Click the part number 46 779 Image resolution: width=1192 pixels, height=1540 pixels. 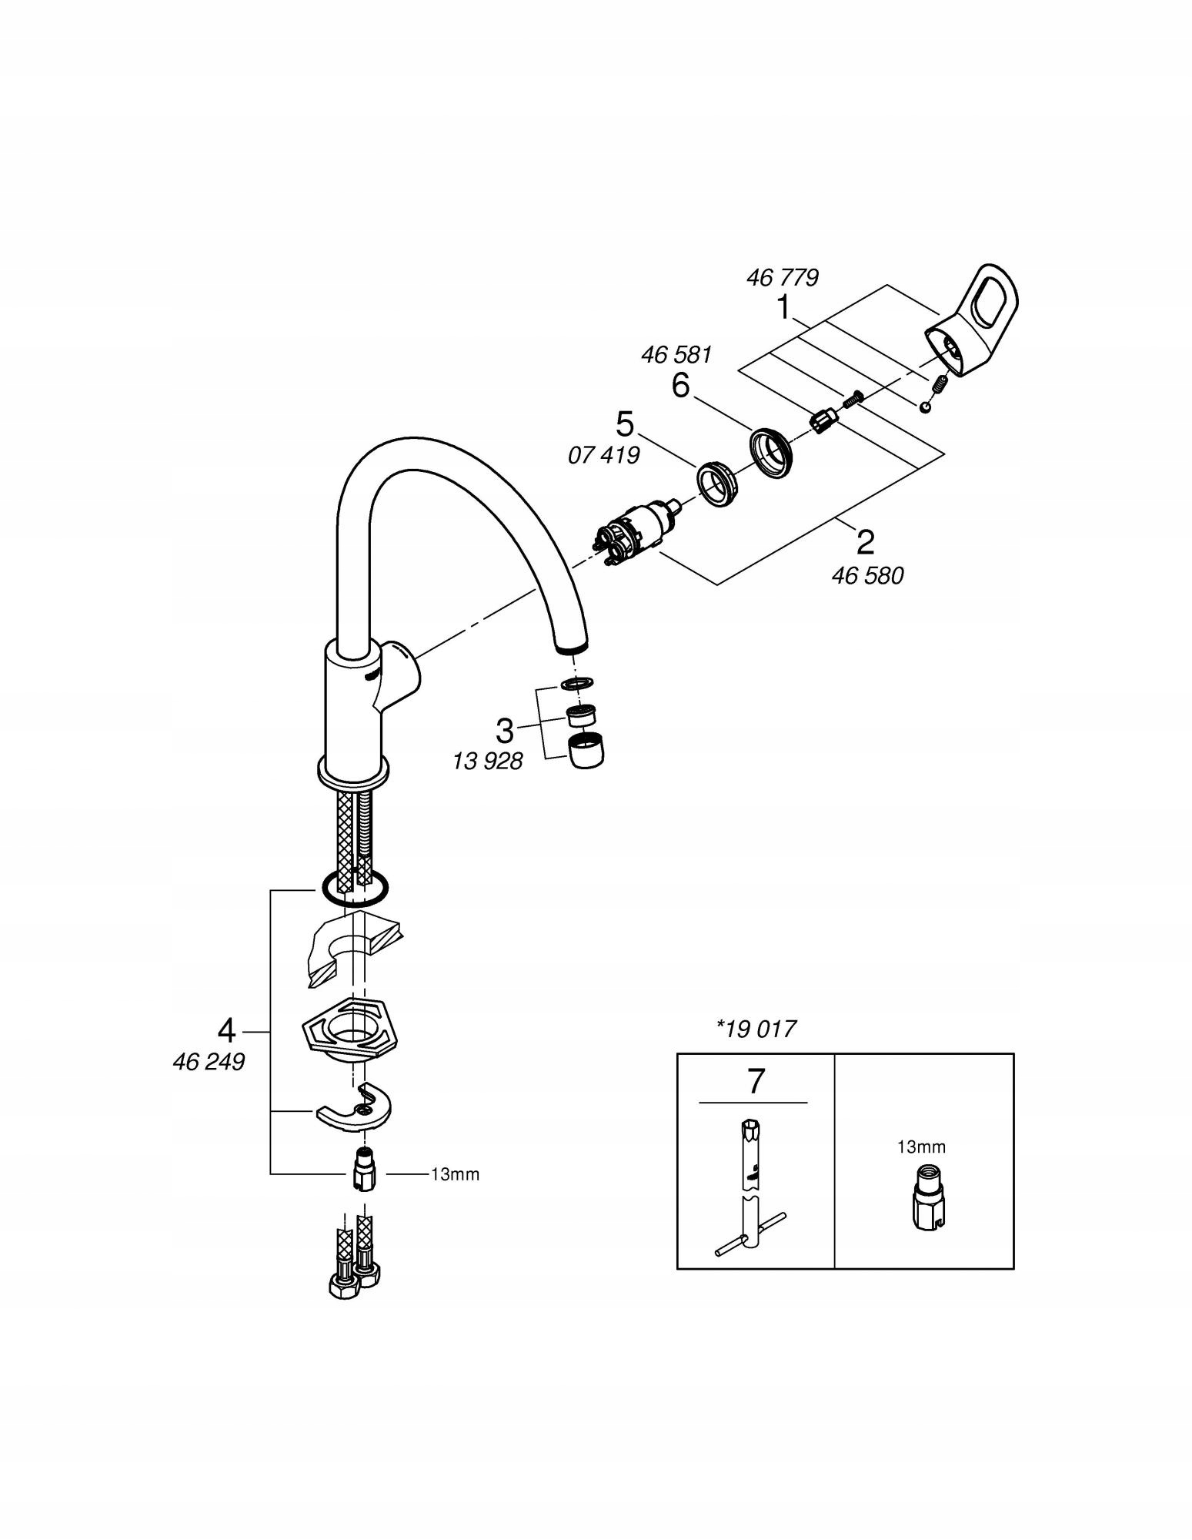click(782, 277)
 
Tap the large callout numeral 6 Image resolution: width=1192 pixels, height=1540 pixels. click(680, 385)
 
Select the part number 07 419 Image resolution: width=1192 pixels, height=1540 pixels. click(603, 455)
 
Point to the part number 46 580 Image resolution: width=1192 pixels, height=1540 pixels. click(867, 575)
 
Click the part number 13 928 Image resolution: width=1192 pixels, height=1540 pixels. click(487, 762)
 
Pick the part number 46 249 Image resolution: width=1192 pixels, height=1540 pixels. click(209, 1062)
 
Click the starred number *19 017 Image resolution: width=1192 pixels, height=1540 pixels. click(756, 1029)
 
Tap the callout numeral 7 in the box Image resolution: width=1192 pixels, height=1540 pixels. click(756, 1082)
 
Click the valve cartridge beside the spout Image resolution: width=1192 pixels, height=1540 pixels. click(633, 531)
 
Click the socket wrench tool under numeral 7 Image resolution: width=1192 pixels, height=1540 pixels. click(748, 1190)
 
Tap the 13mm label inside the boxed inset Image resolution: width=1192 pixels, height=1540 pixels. click(921, 1147)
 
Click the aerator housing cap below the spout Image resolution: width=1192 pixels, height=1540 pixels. click(586, 751)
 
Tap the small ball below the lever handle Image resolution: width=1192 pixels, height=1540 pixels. click(924, 407)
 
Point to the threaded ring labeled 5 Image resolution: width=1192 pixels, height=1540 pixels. click(718, 485)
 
